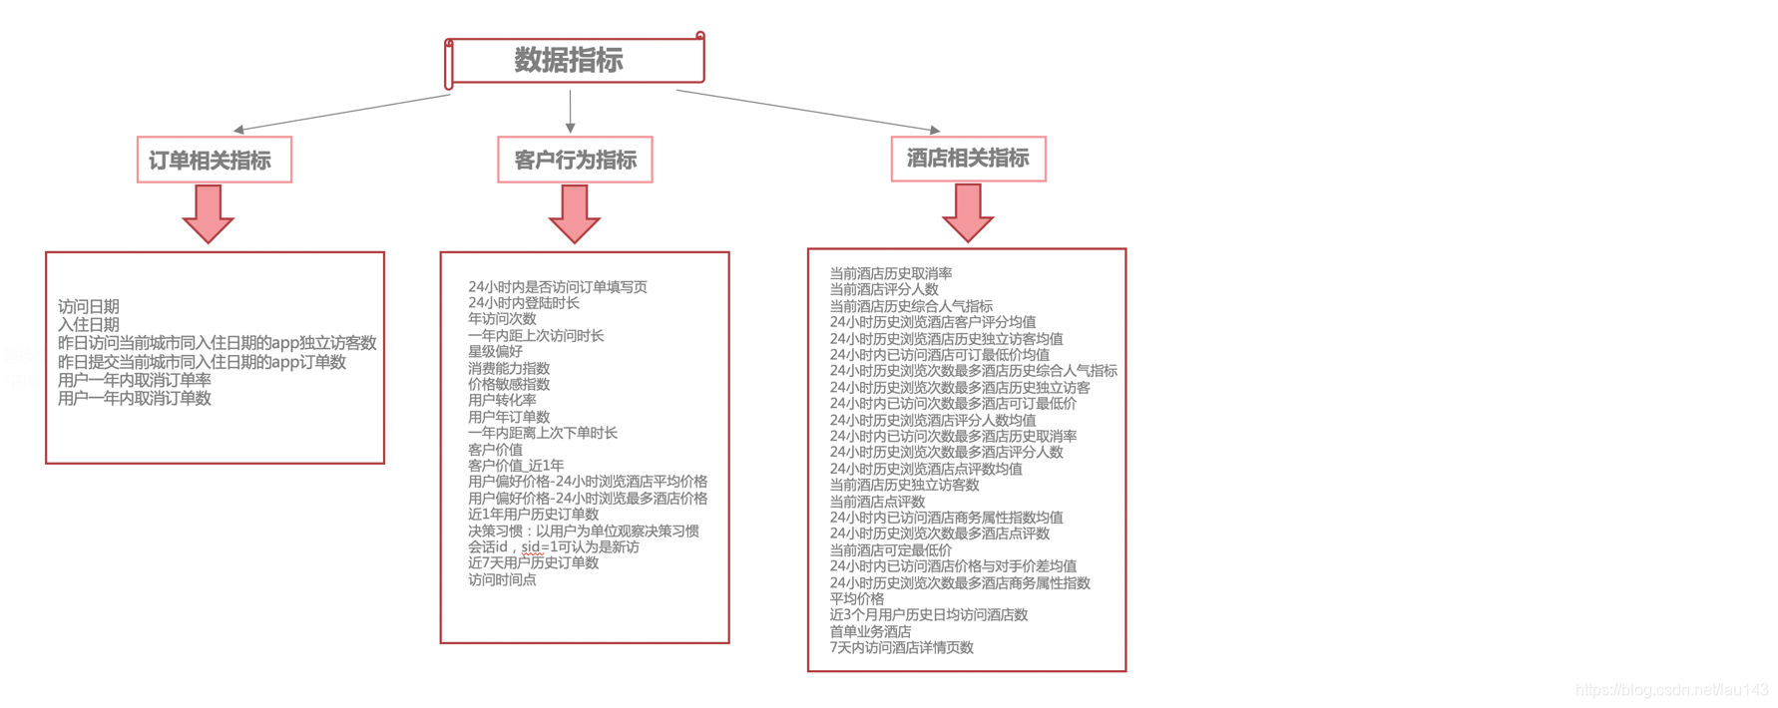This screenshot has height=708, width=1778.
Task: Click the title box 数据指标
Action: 574,61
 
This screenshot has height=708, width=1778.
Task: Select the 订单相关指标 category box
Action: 214,160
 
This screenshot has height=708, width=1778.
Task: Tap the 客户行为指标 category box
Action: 575,160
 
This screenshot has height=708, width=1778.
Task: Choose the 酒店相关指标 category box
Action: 968,159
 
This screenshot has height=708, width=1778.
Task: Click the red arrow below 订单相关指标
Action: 209,213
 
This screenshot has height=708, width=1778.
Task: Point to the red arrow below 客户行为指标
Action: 575,213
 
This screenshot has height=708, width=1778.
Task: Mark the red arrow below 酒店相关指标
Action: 968,212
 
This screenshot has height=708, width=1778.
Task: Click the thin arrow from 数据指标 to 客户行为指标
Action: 570,111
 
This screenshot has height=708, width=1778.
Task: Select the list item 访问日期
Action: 89,306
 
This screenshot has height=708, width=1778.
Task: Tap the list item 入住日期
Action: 89,324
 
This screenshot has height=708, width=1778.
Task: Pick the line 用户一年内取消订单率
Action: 135,379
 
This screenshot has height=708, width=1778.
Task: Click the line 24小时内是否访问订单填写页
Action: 558,286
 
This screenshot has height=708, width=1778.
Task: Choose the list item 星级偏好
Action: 495,351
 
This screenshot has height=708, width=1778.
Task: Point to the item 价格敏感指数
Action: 509,384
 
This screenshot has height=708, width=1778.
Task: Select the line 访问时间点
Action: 502,579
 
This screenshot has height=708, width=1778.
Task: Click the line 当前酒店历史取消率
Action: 891,273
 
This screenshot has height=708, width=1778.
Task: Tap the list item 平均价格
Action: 857,598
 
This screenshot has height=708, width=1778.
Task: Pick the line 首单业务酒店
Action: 870,631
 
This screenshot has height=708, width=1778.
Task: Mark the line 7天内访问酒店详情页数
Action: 902,647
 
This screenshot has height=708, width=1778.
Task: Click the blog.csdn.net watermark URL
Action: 1671,690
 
